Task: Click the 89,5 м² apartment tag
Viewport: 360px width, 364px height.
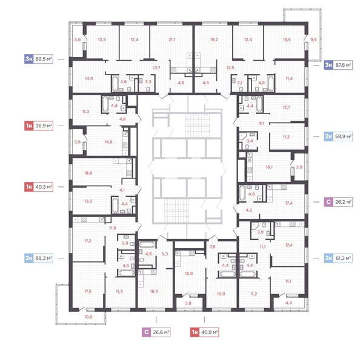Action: tap(39, 59)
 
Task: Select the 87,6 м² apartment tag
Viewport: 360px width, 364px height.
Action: tap(338, 65)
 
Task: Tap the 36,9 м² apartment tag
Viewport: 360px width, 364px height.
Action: tap(39, 126)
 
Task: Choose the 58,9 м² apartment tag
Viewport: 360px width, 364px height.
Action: tap(338, 136)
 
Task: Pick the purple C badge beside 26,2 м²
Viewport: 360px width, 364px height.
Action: tap(328, 202)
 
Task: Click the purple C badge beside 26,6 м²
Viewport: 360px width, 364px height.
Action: tap(147, 332)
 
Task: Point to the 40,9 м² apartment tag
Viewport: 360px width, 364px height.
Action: tap(204, 332)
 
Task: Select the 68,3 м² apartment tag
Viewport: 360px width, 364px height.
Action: tap(39, 258)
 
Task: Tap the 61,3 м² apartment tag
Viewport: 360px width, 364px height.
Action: tap(338, 258)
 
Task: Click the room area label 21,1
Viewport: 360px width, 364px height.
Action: tap(172, 39)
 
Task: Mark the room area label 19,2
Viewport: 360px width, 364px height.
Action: tap(214, 39)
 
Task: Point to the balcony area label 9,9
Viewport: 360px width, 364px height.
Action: tap(313, 39)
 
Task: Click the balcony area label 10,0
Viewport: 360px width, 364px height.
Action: tap(88, 317)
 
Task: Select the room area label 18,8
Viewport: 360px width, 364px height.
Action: tap(88, 173)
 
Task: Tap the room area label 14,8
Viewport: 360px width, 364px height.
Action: tap(108, 141)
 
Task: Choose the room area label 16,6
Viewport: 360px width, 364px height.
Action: tap(287, 39)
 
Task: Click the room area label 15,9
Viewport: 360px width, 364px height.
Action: tap(189, 273)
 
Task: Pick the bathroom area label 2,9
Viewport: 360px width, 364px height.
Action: tap(125, 243)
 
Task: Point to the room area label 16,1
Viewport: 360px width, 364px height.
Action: tap(269, 167)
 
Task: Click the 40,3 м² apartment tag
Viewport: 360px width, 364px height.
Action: tap(39, 187)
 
